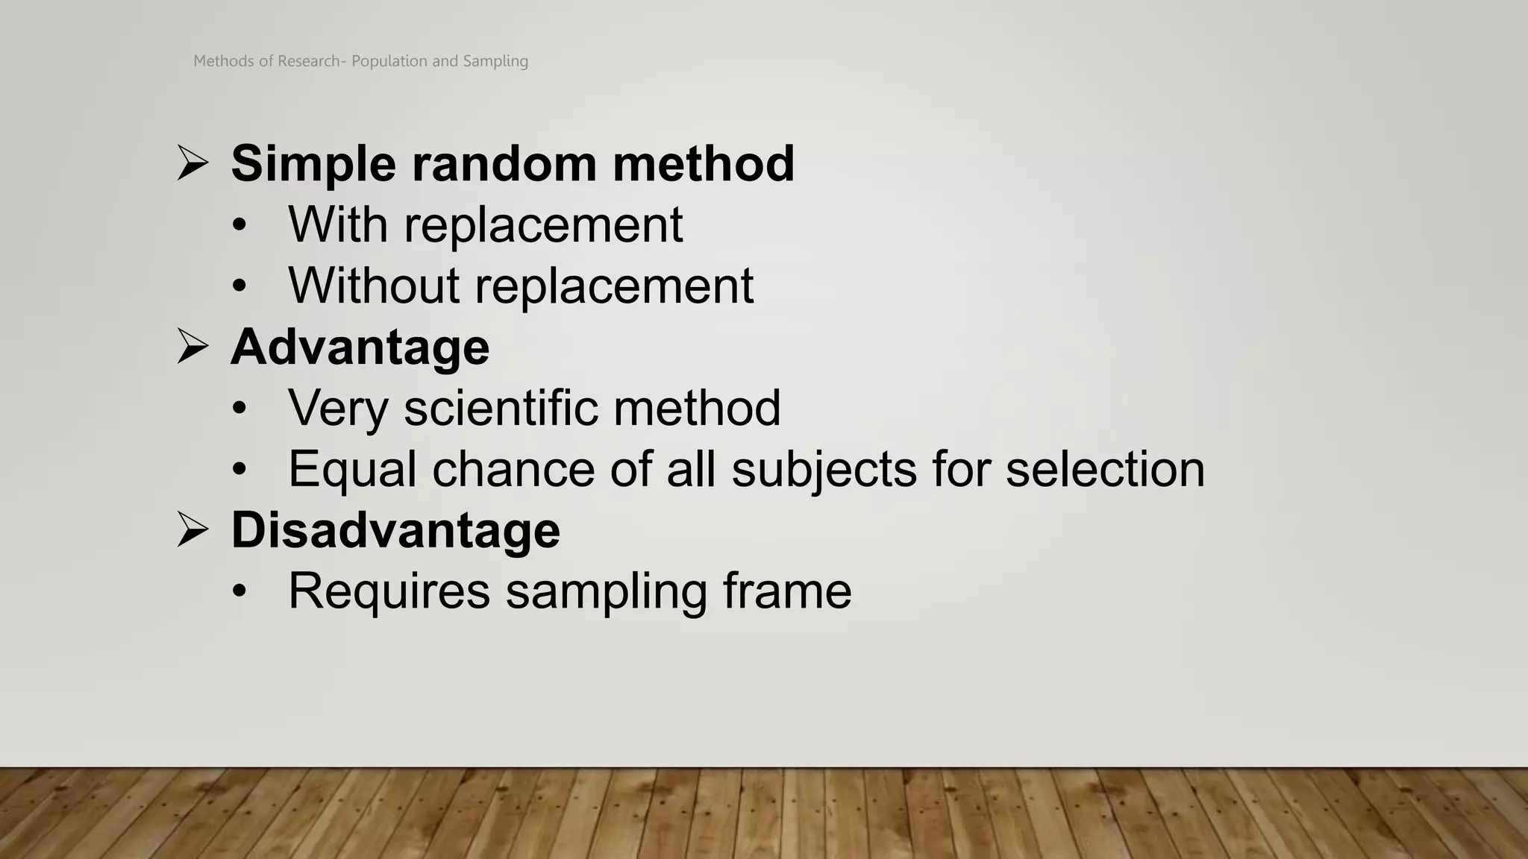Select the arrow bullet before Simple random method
(x=192, y=163)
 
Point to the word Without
(x=374, y=286)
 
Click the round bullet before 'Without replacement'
(x=239, y=286)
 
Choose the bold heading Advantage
(x=360, y=347)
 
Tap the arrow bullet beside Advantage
(x=192, y=346)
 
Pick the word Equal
(x=352, y=470)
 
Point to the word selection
(x=1105, y=470)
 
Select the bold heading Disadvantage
(x=395, y=531)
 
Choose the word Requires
(x=389, y=591)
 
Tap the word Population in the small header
(x=389, y=61)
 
